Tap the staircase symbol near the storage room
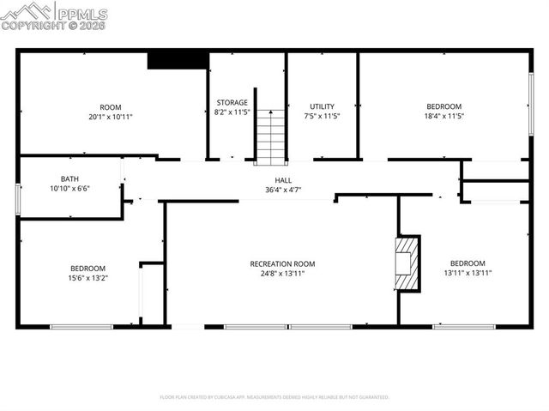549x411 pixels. click(x=270, y=137)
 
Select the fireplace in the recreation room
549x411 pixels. click(x=407, y=263)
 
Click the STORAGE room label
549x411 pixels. click(x=232, y=102)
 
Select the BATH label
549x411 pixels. click(x=69, y=179)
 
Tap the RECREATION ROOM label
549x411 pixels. click(x=282, y=263)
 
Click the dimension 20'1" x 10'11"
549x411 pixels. click(x=110, y=116)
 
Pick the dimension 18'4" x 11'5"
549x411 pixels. click(x=444, y=116)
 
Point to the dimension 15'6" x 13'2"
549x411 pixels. click(x=87, y=277)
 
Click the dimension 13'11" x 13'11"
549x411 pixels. click(x=468, y=273)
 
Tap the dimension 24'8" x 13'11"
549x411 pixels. click(x=282, y=273)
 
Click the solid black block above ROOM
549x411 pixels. click(x=178, y=60)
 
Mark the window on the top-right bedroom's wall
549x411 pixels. click(x=531, y=103)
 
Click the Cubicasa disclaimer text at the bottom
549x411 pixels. click(x=274, y=397)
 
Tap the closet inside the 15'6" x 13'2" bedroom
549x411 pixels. click(x=152, y=293)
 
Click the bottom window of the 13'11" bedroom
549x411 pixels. click(x=463, y=326)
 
